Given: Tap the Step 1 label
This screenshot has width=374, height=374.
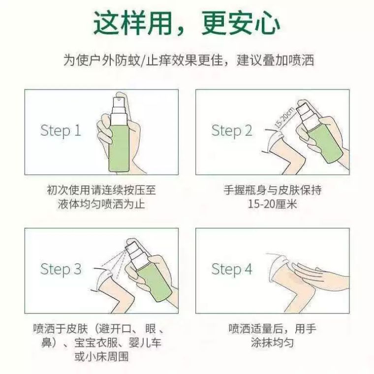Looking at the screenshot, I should [61, 131].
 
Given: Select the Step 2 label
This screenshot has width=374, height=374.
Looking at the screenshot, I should [232, 131].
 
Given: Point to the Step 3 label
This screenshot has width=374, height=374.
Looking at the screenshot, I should [61, 269].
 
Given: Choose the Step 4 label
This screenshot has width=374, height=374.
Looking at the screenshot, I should [232, 269].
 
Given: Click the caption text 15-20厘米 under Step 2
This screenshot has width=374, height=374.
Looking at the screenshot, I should [273, 204].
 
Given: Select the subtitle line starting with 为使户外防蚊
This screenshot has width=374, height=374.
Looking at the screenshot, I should [187, 61].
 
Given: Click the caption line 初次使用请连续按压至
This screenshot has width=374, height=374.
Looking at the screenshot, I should [101, 189].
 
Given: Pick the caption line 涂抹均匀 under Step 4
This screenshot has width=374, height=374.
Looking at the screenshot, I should [272, 342].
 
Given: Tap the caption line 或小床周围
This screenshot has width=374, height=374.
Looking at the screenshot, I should [101, 356].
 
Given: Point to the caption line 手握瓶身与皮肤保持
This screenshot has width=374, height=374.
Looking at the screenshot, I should [273, 189].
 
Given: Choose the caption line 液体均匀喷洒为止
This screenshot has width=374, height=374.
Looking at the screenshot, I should [101, 204].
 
